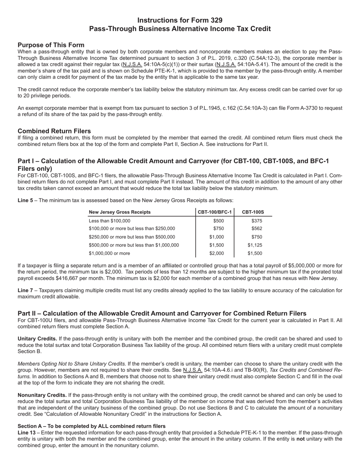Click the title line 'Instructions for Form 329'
click(x=180, y=20)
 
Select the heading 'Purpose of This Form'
click(x=51, y=45)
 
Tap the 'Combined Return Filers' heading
click(x=54, y=131)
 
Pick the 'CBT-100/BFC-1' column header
click(x=215, y=212)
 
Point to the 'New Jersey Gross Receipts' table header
click(x=119, y=212)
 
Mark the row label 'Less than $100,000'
click(x=109, y=221)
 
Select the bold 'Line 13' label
click(x=27, y=433)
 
